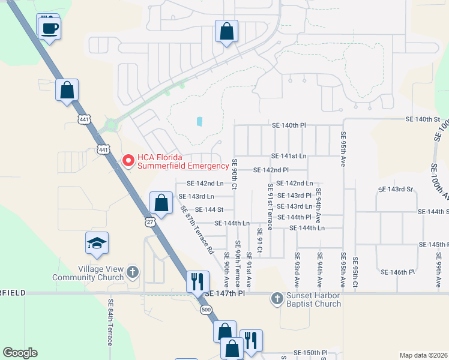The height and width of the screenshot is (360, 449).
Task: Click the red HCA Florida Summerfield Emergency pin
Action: tap(127, 160)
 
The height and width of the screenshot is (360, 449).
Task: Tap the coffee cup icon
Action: tap(49, 28)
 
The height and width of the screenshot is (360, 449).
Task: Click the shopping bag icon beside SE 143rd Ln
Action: tap(161, 203)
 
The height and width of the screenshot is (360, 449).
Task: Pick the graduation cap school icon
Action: tap(97, 243)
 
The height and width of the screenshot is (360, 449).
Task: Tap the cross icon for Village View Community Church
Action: tap(133, 273)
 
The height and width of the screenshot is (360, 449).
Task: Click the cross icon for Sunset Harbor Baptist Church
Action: tap(277, 297)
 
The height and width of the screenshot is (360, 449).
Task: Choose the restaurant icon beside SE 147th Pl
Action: tap(197, 280)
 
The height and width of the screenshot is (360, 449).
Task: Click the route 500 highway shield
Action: tap(206, 309)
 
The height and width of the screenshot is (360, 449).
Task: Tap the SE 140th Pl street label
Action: tap(289, 125)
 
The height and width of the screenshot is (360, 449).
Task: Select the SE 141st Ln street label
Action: tap(289, 156)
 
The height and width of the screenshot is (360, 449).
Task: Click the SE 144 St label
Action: tap(209, 209)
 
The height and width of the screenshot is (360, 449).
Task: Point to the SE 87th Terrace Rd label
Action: tap(197, 230)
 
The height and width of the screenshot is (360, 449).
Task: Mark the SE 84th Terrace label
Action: tap(110, 323)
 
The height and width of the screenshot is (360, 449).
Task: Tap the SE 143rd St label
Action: tap(396, 190)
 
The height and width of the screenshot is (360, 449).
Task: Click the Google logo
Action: tap(20, 353)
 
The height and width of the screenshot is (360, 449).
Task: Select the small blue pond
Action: tap(199, 121)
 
